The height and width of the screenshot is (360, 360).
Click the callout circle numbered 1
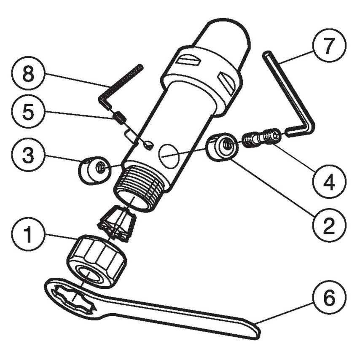pyautogui.click(x=28, y=235)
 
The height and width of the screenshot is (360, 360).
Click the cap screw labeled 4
pyautogui.click(x=261, y=138)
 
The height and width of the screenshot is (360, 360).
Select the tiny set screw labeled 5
pyautogui.click(x=120, y=118)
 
